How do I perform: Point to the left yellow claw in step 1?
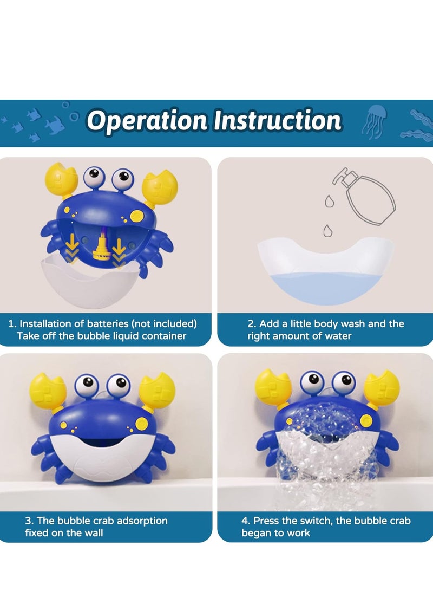click(x=59, y=181)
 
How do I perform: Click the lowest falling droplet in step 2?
click(x=327, y=231)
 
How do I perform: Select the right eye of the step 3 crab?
click(x=118, y=385)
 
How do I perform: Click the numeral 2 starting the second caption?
click(x=251, y=324)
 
